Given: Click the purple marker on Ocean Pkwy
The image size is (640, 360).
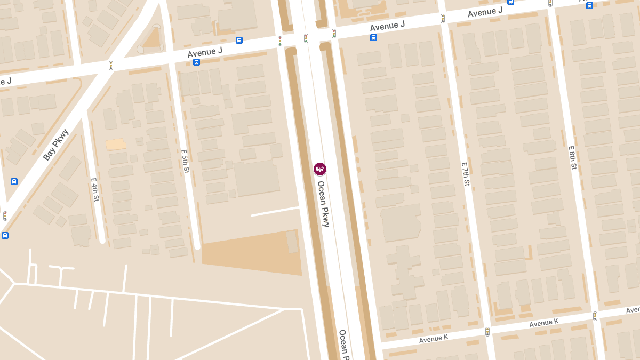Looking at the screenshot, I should click(x=320, y=169).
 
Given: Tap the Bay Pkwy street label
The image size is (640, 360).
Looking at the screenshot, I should click(x=56, y=145).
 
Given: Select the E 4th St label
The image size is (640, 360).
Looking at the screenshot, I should click(x=95, y=189).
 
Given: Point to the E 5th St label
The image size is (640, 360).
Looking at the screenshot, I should click(x=185, y=162).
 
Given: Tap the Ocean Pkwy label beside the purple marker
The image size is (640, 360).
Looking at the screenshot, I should click(x=324, y=204).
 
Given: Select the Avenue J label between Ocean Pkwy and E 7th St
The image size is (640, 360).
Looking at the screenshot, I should click(x=387, y=25).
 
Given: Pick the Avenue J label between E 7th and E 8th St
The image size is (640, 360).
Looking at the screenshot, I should click(x=485, y=12).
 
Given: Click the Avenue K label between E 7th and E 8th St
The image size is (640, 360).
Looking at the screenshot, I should click(x=543, y=323).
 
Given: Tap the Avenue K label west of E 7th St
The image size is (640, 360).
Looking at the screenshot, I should click(x=434, y=338).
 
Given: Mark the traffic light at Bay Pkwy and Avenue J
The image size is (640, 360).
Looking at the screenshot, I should click(x=111, y=66).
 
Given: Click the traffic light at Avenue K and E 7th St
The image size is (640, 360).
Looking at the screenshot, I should click(x=487, y=332).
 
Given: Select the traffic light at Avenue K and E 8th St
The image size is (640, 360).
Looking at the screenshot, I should click(x=595, y=316).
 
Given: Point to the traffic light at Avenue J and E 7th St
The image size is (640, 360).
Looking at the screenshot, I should click(x=443, y=19).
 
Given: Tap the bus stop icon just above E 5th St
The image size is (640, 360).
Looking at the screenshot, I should click(x=197, y=62).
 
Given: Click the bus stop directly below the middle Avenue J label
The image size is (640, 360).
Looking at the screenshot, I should click(x=373, y=37).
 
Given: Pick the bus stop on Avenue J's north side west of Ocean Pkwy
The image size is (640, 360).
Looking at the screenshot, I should click(x=239, y=40).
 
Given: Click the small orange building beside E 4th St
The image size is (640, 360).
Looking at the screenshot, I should click(x=115, y=144).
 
